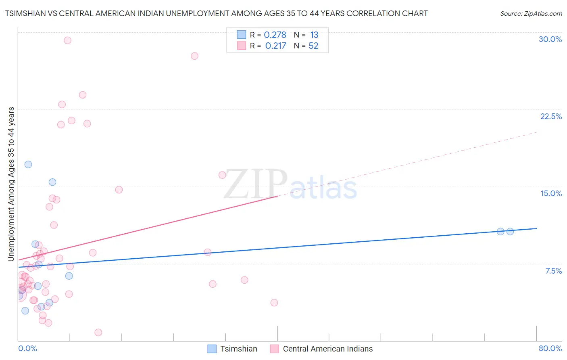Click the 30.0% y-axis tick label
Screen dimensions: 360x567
click(x=550, y=39)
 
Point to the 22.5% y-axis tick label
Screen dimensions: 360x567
click(x=551, y=116)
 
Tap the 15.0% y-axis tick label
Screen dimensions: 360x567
click(x=551, y=193)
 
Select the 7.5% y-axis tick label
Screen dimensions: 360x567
click(x=553, y=271)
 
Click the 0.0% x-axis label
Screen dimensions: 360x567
click(x=27, y=348)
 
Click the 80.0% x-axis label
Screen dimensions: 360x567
click(x=550, y=348)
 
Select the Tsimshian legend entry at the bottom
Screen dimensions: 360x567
click(x=238, y=349)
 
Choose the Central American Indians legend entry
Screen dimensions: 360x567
click(x=327, y=349)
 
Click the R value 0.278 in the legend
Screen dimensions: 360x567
click(x=275, y=35)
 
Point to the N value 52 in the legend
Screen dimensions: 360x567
click(x=313, y=46)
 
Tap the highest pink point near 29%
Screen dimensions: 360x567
click(x=67, y=40)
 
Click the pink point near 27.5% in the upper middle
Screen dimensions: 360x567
click(x=194, y=56)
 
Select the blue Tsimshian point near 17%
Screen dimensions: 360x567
click(x=28, y=164)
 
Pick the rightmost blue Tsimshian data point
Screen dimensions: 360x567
click(x=510, y=232)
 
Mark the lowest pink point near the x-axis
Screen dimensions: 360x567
click(x=98, y=333)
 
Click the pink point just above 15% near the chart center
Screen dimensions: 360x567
click(x=222, y=175)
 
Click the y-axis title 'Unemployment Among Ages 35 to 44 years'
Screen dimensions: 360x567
click(x=11, y=184)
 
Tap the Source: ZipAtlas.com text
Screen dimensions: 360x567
click(x=531, y=14)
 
